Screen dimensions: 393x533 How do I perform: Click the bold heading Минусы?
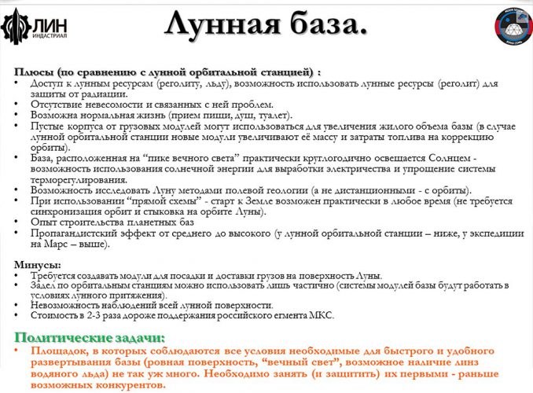[x=37, y=264]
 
